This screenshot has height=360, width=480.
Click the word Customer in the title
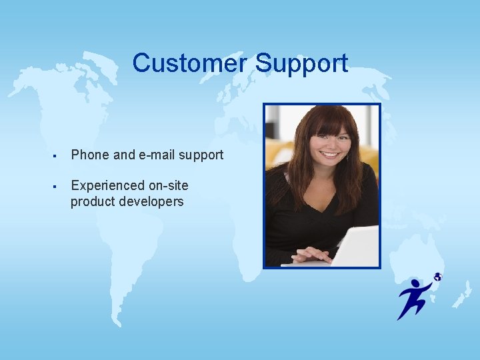[190, 63]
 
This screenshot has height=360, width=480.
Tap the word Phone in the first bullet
[91, 155]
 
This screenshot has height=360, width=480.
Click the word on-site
[167, 185]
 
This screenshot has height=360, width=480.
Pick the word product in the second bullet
[92, 201]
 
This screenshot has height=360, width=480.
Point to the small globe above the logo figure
[437, 277]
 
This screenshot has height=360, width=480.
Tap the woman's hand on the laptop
[311, 254]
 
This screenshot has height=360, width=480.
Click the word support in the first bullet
[201, 155]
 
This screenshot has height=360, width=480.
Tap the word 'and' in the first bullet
[124, 155]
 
